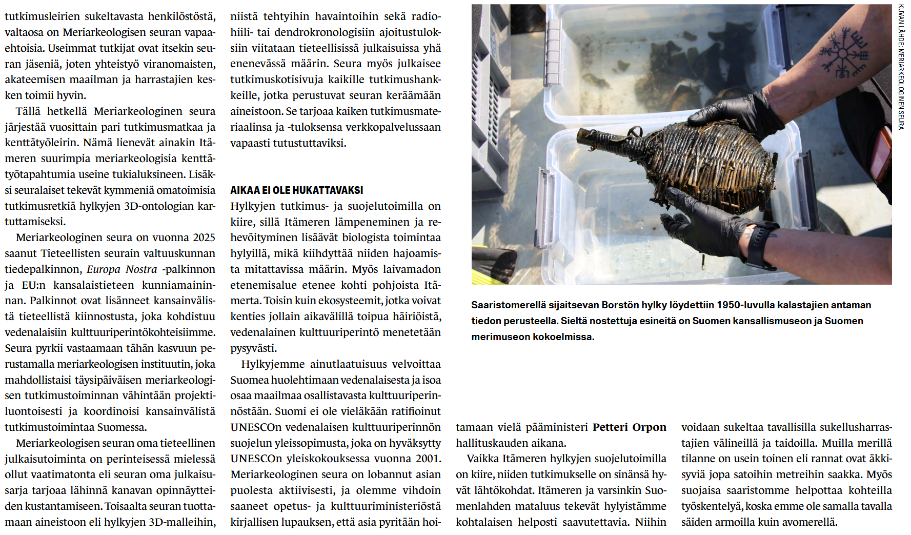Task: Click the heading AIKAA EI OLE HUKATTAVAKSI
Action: click(296, 190)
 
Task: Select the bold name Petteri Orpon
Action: click(629, 427)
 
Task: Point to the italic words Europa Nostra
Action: click(122, 269)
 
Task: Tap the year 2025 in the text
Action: click(204, 237)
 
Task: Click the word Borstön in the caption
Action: click(620, 305)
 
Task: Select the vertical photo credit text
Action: click(901, 67)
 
